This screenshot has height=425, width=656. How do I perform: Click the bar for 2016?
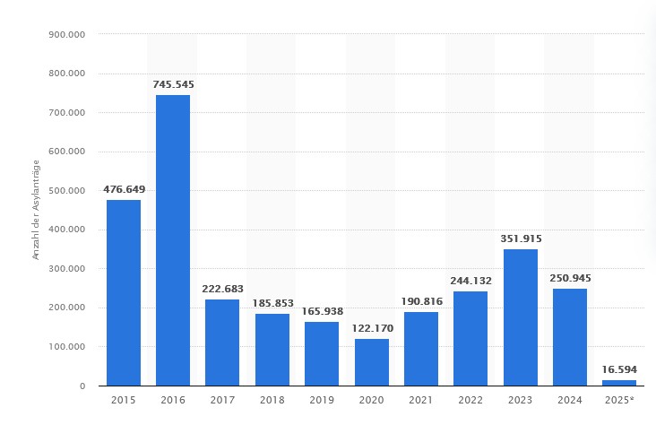173,240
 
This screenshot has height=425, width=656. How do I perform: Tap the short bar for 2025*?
619,383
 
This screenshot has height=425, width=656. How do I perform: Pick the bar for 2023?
520,317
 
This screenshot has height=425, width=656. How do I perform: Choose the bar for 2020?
371,362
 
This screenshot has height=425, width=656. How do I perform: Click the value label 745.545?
173,84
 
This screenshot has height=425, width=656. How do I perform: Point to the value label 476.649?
124,189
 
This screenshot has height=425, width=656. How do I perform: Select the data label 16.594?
619,369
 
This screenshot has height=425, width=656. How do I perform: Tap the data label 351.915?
520,239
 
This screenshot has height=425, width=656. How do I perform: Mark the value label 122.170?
371,328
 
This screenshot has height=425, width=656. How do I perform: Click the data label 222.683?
222,289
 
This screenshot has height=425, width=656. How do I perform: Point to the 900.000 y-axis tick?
65,35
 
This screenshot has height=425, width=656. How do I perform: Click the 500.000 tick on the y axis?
65,191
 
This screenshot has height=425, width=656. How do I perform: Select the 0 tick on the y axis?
82,386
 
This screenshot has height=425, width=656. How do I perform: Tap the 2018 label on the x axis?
272,401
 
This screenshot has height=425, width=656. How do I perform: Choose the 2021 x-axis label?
420,401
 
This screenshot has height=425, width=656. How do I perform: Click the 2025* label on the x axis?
619,401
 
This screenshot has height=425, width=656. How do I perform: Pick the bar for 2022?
470,338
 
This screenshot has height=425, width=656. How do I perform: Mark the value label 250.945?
570,278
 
